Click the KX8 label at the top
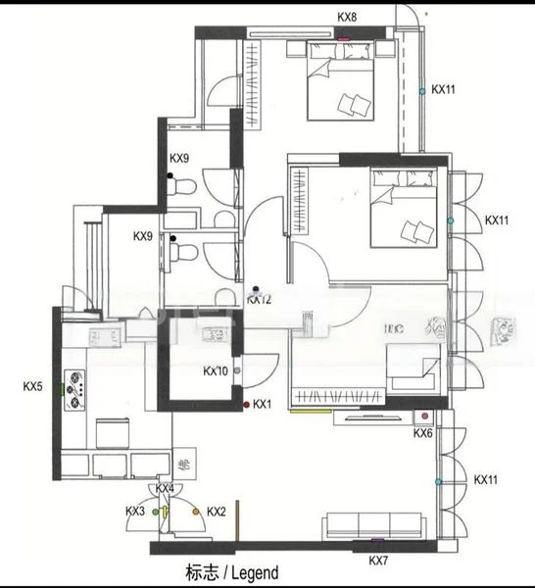click(x=347, y=17)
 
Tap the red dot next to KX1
click(x=245, y=404)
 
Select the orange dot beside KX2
click(x=196, y=512)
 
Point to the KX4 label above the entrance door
click(x=165, y=488)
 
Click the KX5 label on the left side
click(x=32, y=387)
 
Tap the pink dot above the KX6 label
click(x=424, y=416)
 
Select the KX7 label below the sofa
click(x=379, y=561)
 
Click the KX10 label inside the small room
click(x=216, y=371)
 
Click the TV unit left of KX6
click(x=367, y=416)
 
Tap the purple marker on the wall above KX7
click(x=377, y=540)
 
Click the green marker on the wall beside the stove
click(x=61, y=387)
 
